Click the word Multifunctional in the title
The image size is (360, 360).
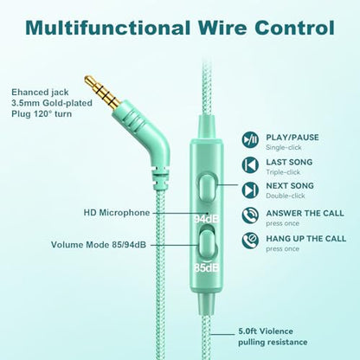107,28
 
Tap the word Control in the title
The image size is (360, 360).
294,28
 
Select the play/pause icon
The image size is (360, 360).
250,139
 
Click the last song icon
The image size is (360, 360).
250,164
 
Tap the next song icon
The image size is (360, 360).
250,190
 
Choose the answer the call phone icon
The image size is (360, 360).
250,215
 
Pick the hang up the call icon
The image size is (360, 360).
250,241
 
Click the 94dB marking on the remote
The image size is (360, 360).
206,219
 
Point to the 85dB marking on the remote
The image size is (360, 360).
206,268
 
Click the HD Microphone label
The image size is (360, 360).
117,213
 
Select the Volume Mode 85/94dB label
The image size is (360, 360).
99,245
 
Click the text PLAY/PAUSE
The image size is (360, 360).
292,138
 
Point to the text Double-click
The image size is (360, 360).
286,196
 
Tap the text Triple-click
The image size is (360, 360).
283,172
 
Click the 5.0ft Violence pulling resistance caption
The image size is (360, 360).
273,337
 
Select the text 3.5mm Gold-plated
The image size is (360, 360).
52,103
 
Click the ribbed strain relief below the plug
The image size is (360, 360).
159,178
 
